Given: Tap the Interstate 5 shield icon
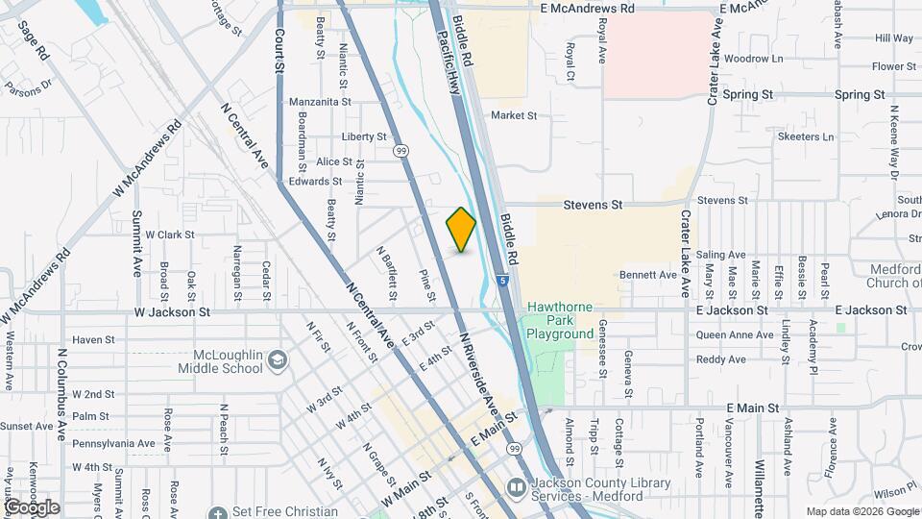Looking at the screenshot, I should point(503,282).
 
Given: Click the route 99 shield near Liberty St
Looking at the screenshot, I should point(400,150).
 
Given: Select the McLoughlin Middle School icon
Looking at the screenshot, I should point(278,358).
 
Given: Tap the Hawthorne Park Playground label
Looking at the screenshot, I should point(560,321).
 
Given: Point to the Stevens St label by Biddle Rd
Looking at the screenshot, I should point(593,205).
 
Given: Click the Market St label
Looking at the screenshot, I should point(513,115).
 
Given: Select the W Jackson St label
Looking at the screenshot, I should point(172,312).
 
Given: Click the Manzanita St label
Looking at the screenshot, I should point(320,101).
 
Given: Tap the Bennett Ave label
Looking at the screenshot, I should point(648,275).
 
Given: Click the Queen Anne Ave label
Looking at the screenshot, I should point(735,335).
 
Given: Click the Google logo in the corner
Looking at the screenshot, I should point(32,507).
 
